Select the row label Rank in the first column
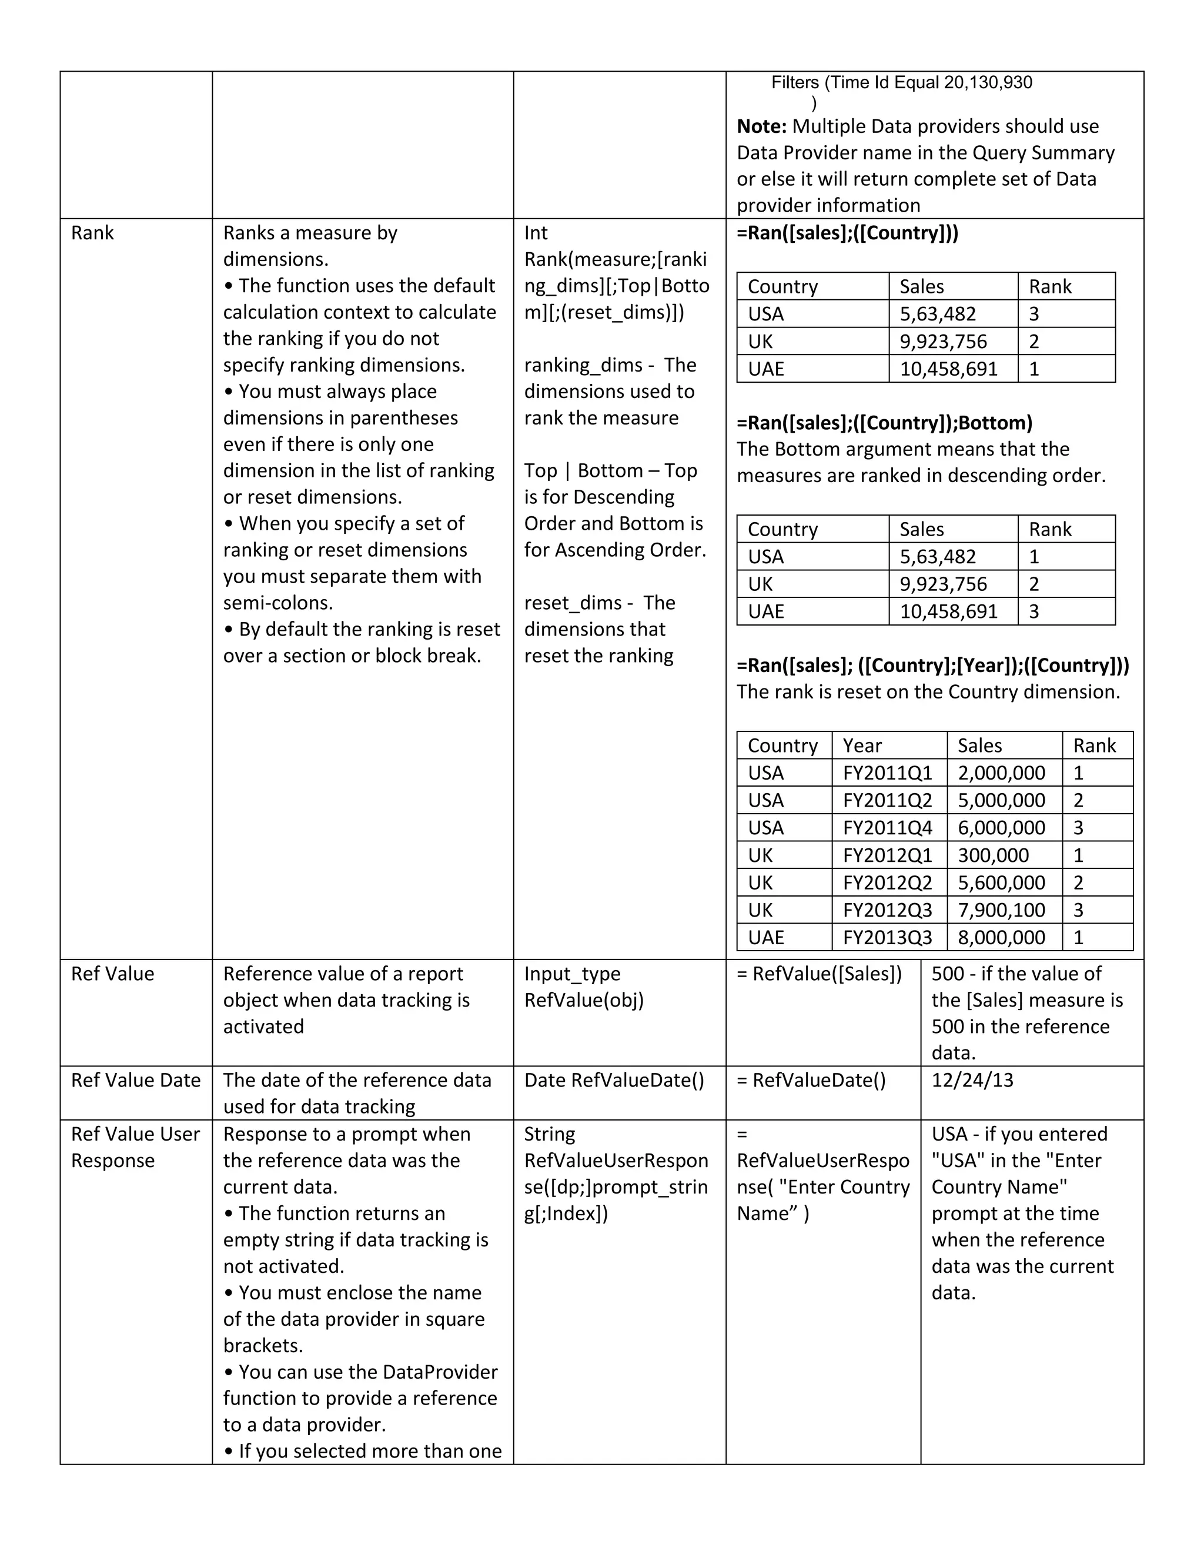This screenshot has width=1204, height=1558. point(92,233)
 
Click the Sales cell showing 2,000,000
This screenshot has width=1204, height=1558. point(1001,773)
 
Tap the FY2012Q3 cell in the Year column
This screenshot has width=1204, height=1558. point(887,910)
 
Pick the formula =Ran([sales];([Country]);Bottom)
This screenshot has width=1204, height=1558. point(884,423)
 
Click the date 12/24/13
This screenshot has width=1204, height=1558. point(971,1080)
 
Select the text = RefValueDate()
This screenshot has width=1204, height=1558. point(811,1080)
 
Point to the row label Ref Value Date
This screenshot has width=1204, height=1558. point(136,1080)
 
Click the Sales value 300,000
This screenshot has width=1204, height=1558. point(993,855)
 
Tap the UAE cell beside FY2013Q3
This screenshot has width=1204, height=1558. point(765,937)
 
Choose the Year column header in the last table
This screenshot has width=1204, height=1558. point(862,746)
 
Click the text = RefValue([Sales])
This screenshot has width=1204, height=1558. point(819,974)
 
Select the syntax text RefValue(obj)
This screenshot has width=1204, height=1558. point(583,1000)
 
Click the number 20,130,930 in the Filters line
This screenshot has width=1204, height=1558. point(988,83)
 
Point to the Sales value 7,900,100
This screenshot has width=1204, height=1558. point(1001,910)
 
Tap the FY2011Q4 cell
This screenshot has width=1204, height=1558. point(887,828)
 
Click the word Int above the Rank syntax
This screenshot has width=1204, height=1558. point(536,233)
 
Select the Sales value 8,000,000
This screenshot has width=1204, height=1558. point(1001,937)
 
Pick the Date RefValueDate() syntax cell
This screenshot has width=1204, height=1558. point(613,1080)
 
